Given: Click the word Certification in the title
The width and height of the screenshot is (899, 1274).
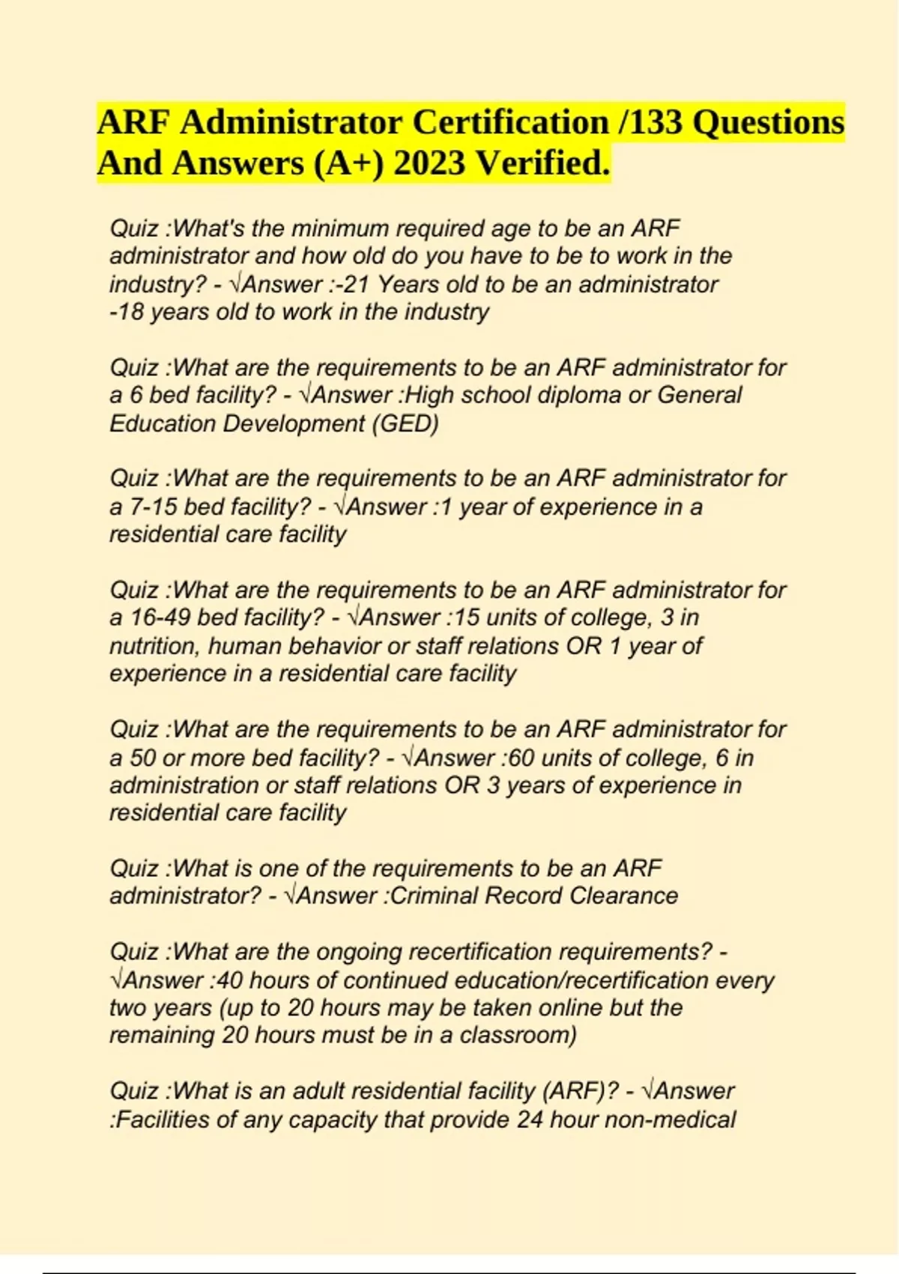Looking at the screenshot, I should tap(510, 122).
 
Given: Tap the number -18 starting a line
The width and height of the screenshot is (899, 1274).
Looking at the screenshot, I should tap(127, 313).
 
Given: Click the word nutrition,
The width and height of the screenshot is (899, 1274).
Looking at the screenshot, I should tap(155, 646).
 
